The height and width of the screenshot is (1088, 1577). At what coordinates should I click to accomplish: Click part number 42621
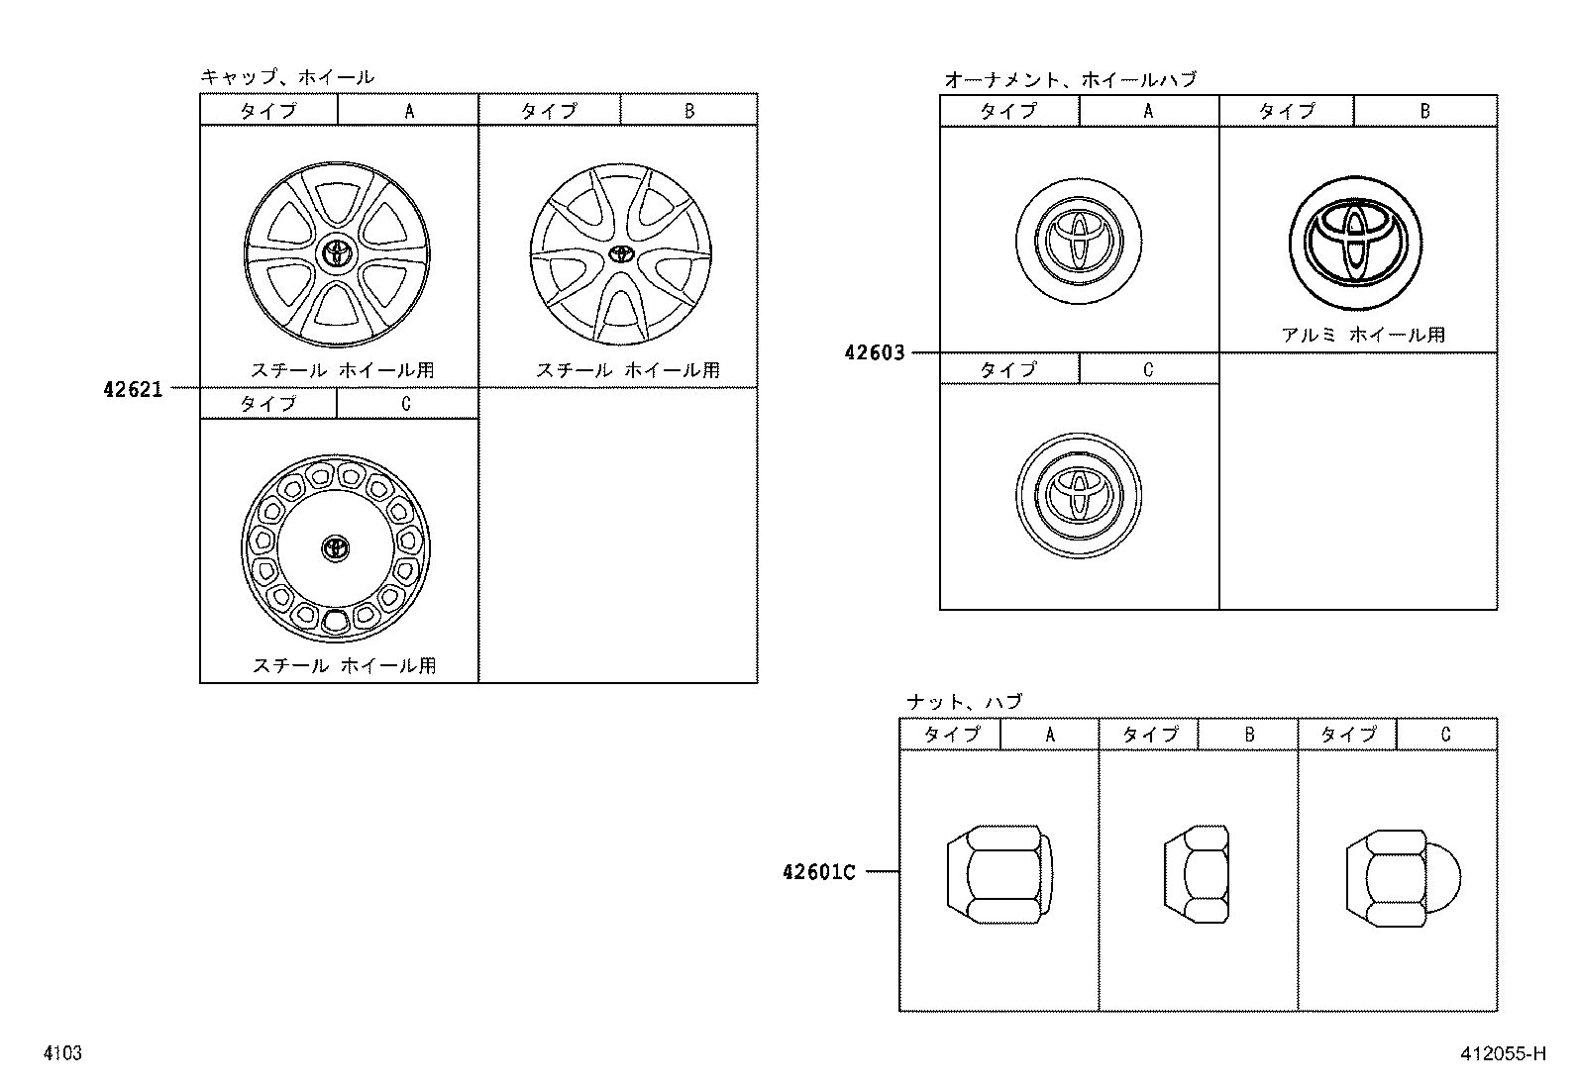point(133,390)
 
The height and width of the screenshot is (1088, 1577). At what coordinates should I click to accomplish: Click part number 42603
point(875,352)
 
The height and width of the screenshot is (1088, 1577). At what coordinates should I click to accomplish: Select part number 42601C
point(818,872)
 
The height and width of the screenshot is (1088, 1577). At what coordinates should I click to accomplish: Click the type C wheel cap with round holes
point(336,548)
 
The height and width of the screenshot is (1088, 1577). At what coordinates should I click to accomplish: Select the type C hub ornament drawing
point(1078,493)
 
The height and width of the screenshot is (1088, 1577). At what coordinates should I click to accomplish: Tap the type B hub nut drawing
point(1197,872)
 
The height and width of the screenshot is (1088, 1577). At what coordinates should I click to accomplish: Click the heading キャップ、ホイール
point(287,77)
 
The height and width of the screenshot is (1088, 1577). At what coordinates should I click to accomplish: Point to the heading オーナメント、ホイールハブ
point(1070,79)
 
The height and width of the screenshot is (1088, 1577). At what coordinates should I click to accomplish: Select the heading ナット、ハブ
point(964,702)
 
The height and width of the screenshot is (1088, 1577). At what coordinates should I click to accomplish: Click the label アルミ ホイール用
point(1363,335)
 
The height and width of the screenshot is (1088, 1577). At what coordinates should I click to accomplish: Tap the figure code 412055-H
point(1502,1053)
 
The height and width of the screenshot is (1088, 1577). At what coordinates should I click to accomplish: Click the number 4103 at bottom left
point(61,1053)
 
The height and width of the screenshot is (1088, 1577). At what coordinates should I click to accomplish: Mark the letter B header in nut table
point(1248,735)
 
